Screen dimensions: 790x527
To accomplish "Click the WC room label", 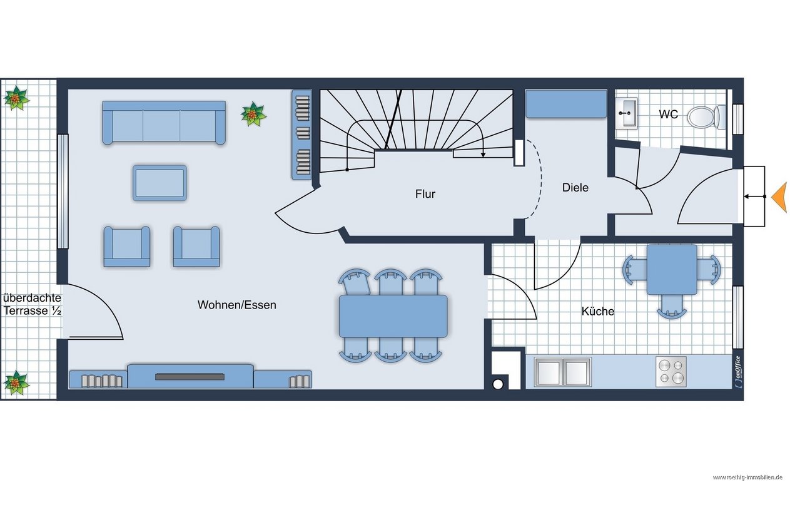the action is click(x=668, y=115).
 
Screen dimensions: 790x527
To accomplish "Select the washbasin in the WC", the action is click(x=627, y=113).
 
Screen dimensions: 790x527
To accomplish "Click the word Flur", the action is click(x=425, y=194).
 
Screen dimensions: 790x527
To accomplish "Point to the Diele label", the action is click(x=575, y=187).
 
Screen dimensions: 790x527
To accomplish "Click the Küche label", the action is click(x=598, y=311).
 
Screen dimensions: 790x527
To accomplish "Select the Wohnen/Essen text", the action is click(x=236, y=305).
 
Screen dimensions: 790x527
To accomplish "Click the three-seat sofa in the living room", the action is click(x=164, y=123).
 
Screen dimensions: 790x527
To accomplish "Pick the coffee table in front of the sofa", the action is click(x=160, y=183).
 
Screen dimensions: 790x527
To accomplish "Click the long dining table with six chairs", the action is click(x=393, y=316).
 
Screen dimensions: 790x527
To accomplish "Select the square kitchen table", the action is click(x=672, y=270).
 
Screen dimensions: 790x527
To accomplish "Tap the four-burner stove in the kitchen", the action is click(x=671, y=372).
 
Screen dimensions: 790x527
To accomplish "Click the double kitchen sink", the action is click(x=563, y=371).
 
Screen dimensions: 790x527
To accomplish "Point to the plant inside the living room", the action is click(x=253, y=114).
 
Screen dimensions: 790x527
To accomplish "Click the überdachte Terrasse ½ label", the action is click(x=32, y=304).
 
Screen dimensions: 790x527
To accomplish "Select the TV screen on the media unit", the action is click(x=190, y=377).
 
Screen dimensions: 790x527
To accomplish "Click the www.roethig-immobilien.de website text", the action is click(x=747, y=478).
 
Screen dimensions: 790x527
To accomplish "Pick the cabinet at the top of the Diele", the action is click(x=566, y=104).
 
